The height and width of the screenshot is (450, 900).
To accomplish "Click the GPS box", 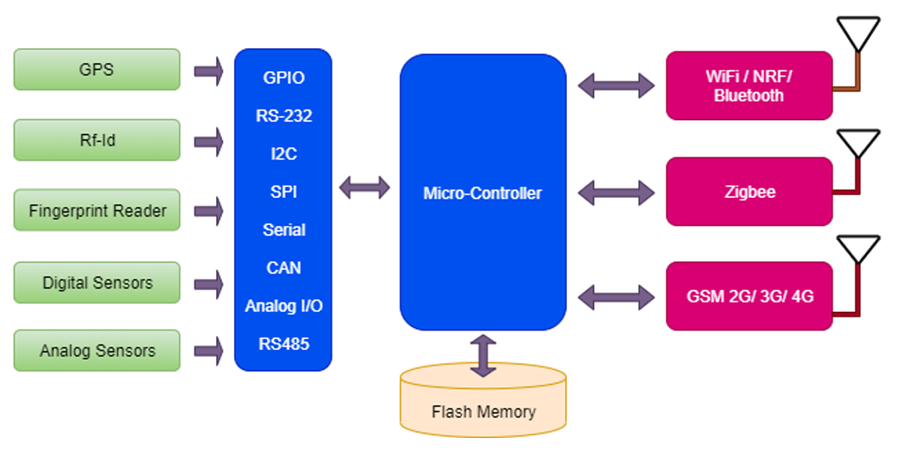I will click(x=97, y=70).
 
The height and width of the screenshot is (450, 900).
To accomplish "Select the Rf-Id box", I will click(x=97, y=139).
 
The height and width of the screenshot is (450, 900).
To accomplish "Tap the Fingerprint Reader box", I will click(x=97, y=211).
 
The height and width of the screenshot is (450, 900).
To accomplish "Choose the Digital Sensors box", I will click(x=97, y=283).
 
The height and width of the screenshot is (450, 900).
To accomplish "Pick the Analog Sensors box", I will click(x=97, y=350).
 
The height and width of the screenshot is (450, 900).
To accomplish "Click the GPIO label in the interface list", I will click(x=283, y=78).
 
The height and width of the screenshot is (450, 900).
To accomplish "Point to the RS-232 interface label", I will click(x=283, y=116).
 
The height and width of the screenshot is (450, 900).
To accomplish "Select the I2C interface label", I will click(x=283, y=154).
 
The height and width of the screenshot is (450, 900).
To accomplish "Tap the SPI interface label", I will click(x=283, y=192).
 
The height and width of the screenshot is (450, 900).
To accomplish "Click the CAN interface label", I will click(x=283, y=268).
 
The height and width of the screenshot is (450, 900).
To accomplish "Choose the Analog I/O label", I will click(x=283, y=306).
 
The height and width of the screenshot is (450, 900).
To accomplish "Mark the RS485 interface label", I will click(x=283, y=344).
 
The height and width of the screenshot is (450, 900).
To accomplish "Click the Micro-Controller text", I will click(x=482, y=193).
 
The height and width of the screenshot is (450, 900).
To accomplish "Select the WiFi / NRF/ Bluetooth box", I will click(x=748, y=85).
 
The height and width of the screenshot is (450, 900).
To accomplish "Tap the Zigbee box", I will click(x=748, y=192).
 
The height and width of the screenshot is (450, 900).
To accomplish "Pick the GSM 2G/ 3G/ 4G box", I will click(x=748, y=296).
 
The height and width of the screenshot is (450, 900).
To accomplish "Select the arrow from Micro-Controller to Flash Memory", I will click(x=482, y=355).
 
